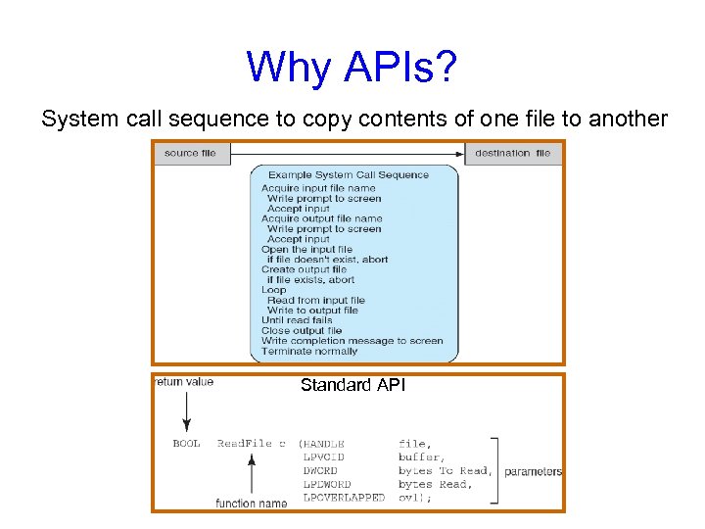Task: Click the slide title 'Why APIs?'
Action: [352, 67]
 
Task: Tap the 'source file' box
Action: [191, 153]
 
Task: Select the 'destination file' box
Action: [512, 153]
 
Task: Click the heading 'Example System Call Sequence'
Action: [349, 174]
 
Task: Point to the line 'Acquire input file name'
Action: [318, 188]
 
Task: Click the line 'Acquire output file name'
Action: [321, 218]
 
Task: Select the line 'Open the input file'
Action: [307, 249]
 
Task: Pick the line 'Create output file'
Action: [304, 269]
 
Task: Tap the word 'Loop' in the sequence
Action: [274, 290]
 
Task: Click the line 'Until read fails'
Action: [297, 320]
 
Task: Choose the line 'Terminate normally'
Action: [309, 351]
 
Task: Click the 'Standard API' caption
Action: [352, 385]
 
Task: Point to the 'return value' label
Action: [184, 382]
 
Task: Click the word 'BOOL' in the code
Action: [186, 444]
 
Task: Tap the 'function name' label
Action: [252, 504]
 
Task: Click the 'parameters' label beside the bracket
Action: [533, 471]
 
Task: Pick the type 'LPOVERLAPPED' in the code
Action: [344, 498]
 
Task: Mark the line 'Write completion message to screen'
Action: [352, 341]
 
